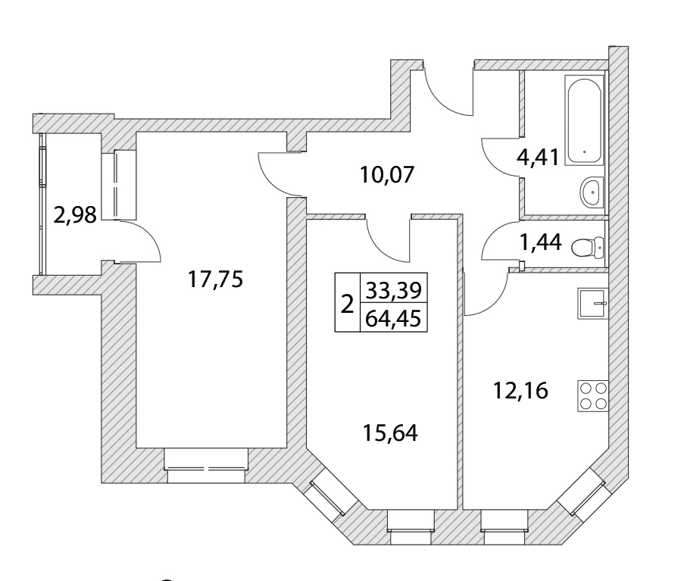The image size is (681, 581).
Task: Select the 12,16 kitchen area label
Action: click(518, 392)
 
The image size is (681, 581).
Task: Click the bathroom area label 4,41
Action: click(538, 158)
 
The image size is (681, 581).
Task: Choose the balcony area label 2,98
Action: click(74, 216)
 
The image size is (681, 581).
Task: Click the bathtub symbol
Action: click(585, 119)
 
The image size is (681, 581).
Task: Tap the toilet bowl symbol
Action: click(586, 245)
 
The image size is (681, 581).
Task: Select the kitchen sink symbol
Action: click(593, 303)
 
